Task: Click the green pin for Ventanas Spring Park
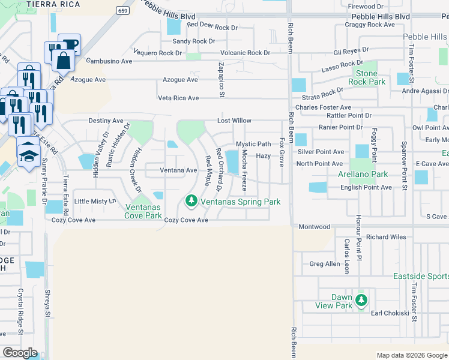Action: (191, 200)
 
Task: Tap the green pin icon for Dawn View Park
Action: (361, 299)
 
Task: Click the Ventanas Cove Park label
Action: (143, 211)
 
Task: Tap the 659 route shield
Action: (123, 10)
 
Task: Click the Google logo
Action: (20, 352)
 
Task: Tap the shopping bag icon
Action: (62, 60)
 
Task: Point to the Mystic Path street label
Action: (253, 144)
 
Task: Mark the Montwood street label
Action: (315, 227)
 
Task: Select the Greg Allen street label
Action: (324, 263)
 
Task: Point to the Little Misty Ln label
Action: (94, 202)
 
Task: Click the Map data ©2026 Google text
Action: (411, 355)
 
